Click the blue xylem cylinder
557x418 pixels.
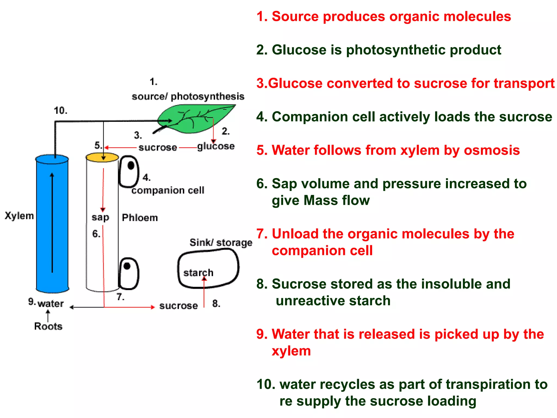point(44,223)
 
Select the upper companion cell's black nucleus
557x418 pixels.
point(131,165)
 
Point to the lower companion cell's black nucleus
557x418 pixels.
point(127,266)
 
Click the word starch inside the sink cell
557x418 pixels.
point(198,272)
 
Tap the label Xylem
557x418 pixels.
point(19,216)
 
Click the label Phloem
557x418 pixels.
point(140,218)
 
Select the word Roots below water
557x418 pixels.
point(48,326)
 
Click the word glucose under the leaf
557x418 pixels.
point(216,146)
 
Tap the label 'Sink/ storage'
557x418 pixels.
point(221,242)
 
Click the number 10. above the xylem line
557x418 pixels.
point(60,110)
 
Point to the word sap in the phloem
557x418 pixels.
point(100,217)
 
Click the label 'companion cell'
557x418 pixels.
point(168,190)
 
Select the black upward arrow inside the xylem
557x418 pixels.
point(52,223)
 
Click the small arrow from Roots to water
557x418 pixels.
point(48,316)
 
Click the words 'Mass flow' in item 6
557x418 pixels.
point(336,200)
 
